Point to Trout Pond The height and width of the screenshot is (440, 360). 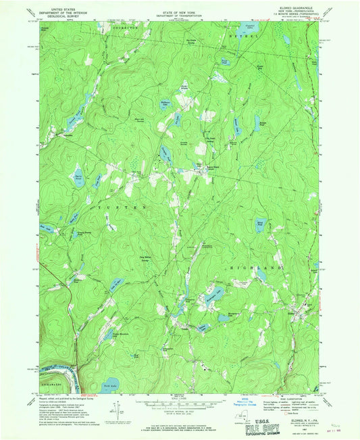click(226, 63)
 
